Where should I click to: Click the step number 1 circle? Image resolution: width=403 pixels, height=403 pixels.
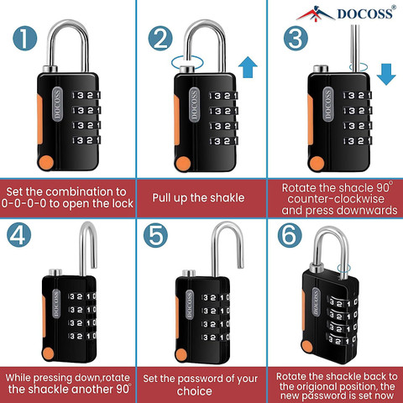pos(26,39)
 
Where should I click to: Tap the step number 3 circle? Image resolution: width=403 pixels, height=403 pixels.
pos(294,39)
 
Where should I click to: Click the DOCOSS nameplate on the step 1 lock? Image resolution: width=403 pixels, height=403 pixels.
pos(59,106)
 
